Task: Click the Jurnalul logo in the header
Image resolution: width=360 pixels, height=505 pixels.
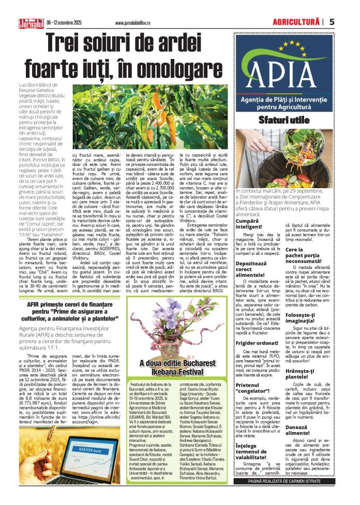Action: pos(31,22)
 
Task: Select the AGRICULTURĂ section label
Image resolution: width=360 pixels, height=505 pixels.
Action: pos(296,22)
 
